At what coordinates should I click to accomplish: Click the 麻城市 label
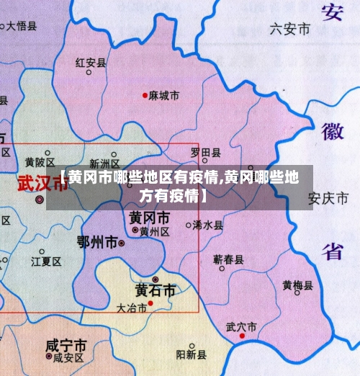click(x=165, y=95)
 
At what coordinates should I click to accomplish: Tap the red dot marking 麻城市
click(x=145, y=95)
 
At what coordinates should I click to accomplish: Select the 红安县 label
click(x=91, y=63)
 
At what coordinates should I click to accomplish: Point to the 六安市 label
click(x=289, y=30)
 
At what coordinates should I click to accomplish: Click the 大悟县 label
click(x=22, y=26)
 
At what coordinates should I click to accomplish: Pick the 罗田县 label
click(x=206, y=153)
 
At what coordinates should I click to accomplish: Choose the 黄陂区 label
click(x=40, y=161)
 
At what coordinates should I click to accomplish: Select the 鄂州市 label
click(x=96, y=243)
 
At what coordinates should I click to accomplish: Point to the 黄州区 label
click(x=154, y=231)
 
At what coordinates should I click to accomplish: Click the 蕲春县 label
click(x=228, y=259)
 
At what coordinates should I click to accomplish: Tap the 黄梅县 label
click(x=297, y=285)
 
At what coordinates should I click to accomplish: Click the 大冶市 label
click(x=131, y=308)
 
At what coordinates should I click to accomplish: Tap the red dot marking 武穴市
click(x=243, y=336)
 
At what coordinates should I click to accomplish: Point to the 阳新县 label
click(x=191, y=354)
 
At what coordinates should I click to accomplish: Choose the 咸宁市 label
click(x=66, y=344)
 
